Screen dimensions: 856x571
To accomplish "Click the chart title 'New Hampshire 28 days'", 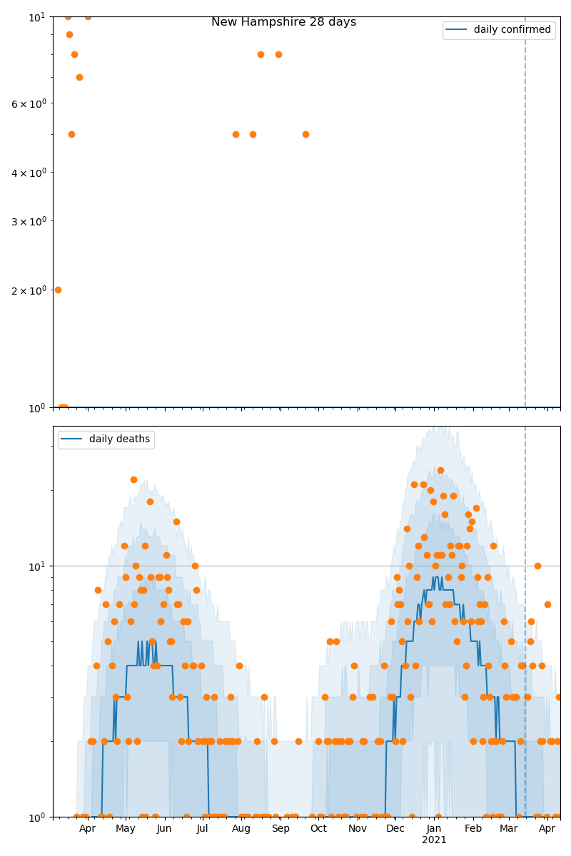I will tap(283, 22).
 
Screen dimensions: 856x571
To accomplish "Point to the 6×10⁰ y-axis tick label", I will tap(29, 103).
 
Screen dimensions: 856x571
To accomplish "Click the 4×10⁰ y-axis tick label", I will tap(29, 173).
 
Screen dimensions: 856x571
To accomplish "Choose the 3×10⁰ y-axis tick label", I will tap(29, 221).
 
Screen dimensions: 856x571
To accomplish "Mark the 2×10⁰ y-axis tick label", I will tap(29, 290).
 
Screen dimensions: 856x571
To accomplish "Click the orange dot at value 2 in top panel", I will tap(58, 290).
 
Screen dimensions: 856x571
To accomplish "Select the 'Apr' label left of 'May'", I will tap(87, 829).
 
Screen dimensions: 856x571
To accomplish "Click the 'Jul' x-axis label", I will tap(203, 829).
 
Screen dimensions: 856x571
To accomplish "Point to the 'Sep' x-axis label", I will tap(281, 829).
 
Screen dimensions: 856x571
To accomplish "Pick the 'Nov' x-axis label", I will tap(358, 829).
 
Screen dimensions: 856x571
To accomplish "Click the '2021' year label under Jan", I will tap(434, 840).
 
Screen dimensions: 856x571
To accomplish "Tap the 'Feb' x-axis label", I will tap(473, 829).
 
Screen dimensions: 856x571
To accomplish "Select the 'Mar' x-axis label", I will tap(509, 829).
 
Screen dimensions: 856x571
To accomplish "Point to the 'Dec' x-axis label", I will tap(395, 829).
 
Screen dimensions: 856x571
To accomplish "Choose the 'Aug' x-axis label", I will tap(241, 829).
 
